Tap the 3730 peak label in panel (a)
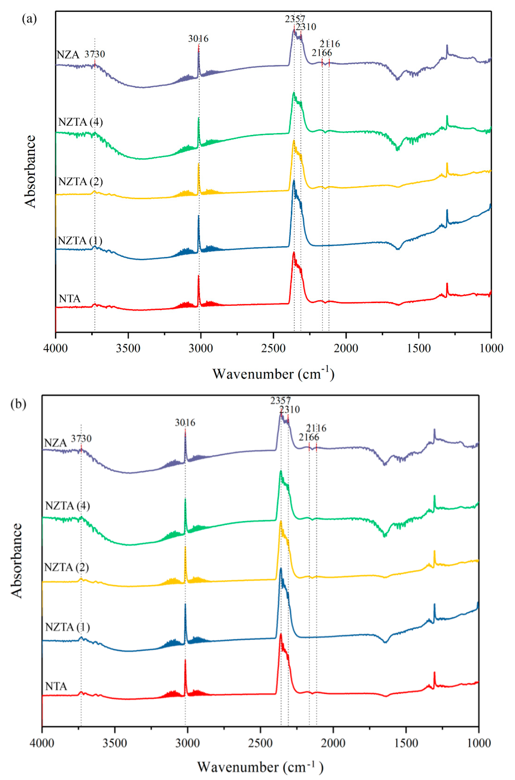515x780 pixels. pyautogui.click(x=95, y=54)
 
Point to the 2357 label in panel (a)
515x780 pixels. pyautogui.click(x=295, y=19)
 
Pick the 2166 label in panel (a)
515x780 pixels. pyautogui.click(x=322, y=52)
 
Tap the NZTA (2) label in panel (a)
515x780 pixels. pyautogui.click(x=81, y=182)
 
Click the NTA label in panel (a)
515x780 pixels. pyautogui.click(x=70, y=299)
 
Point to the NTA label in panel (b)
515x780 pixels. pyautogui.click(x=56, y=686)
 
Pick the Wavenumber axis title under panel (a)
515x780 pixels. pyautogui.click(x=273, y=374)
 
